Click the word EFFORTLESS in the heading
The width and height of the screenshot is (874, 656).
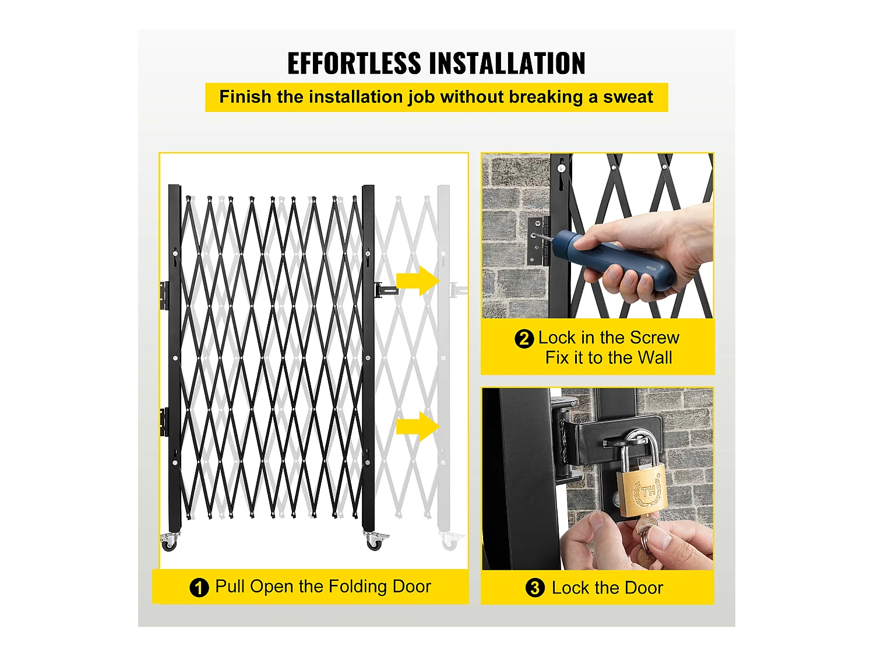(354, 63)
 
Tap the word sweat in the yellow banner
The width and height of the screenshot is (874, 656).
(628, 97)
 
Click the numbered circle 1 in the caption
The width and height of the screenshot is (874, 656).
(199, 588)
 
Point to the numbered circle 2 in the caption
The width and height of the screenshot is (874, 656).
(524, 339)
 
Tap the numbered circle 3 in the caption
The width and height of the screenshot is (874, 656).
(535, 588)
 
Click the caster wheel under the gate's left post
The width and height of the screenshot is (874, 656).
(169, 542)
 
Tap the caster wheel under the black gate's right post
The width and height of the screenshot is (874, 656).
(375, 541)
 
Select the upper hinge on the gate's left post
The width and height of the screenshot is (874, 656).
(164, 296)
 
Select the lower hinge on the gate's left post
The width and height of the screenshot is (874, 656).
(164, 422)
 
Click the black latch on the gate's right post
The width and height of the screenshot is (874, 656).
(386, 290)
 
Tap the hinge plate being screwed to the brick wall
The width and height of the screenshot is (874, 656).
(538, 241)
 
